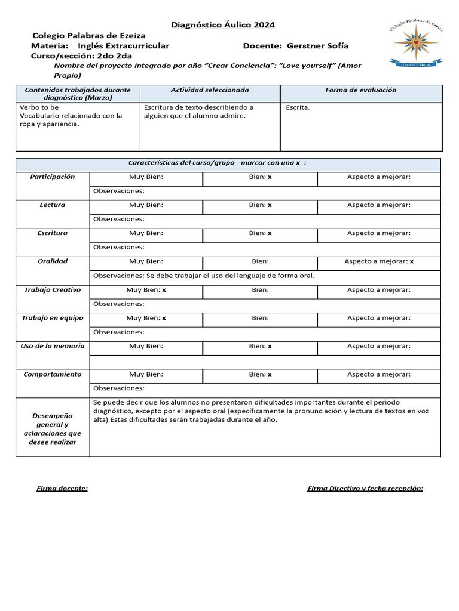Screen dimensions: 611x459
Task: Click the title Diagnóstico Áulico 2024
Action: tap(223, 25)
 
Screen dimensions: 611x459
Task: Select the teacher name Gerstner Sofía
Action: tap(317, 46)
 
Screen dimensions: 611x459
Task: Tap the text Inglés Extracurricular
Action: tap(124, 46)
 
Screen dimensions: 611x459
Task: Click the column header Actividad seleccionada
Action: tap(210, 90)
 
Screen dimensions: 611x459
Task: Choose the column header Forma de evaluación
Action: tap(360, 90)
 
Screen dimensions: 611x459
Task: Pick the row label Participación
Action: tap(53, 177)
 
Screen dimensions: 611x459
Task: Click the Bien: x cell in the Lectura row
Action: tap(260, 205)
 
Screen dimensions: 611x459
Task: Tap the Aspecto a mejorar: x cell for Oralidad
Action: tap(379, 261)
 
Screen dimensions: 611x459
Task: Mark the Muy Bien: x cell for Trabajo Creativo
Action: tap(146, 290)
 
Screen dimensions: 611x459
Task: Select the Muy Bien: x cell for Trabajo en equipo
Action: tap(146, 318)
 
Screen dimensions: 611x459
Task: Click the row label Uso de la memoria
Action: tap(53, 346)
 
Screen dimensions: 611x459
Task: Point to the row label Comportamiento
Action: tap(53, 374)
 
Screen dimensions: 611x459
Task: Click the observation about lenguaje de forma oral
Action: tap(204, 276)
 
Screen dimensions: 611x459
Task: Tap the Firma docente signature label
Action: tap(62, 489)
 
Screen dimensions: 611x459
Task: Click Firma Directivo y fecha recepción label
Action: tap(365, 489)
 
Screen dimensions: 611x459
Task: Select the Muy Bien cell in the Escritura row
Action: tap(146, 233)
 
